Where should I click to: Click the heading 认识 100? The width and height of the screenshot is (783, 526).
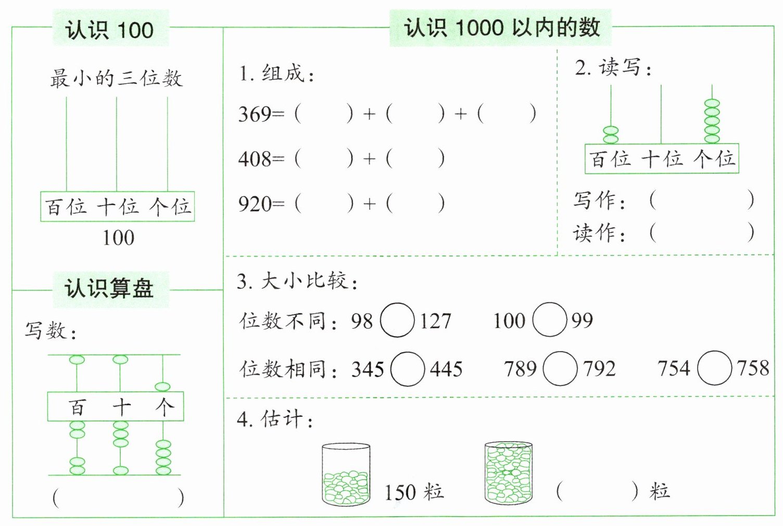[110, 30]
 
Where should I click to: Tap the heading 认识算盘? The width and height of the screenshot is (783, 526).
[110, 288]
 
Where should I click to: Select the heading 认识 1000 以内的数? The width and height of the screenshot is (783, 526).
[501, 27]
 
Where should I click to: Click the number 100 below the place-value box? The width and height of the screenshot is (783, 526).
[118, 238]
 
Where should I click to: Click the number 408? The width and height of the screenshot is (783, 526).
[255, 159]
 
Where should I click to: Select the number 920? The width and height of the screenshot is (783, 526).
[255, 204]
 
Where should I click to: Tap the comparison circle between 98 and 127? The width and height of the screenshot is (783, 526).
[397, 320]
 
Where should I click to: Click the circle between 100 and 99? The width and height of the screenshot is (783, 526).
[550, 319]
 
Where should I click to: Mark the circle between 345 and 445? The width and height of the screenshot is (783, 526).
[408, 369]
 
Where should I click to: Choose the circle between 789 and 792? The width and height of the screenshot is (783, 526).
[560, 369]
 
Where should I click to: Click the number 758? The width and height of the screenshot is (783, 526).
[753, 368]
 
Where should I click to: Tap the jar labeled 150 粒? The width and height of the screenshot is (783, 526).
[346, 474]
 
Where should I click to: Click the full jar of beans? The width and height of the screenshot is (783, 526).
[509, 473]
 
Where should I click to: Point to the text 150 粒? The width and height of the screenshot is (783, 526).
[414, 492]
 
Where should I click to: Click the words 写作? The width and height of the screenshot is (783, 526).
[599, 200]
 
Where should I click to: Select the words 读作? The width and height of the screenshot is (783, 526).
[599, 233]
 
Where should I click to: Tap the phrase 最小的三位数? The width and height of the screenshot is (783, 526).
[116, 79]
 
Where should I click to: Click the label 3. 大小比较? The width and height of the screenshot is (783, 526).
[297, 281]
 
